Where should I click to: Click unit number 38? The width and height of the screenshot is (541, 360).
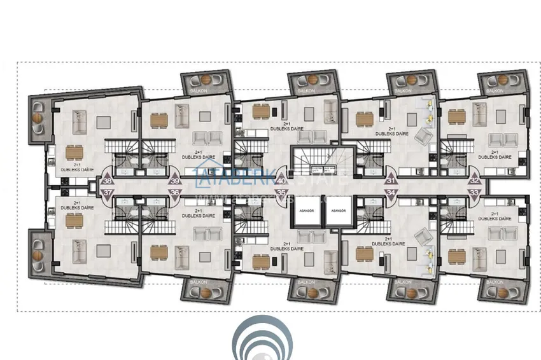coord(107,180)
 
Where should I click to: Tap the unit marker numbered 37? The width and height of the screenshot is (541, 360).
coord(107,191)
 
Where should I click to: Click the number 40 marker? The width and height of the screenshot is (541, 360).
coord(281,181)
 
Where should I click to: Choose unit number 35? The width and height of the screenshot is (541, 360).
coord(281,191)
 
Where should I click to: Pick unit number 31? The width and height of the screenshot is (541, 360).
coord(390,181)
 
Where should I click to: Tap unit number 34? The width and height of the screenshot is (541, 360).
coord(390,191)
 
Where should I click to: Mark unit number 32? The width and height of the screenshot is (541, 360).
coord(474,181)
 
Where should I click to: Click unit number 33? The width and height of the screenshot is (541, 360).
coord(474,191)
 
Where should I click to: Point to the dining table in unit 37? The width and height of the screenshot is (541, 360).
coord(74,220)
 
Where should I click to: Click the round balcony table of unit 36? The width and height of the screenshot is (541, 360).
coord(205,293)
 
